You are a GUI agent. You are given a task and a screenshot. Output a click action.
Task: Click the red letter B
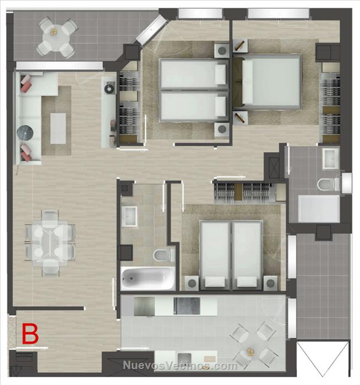pos(30,334)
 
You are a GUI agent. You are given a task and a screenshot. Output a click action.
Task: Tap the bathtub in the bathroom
pos(148,278)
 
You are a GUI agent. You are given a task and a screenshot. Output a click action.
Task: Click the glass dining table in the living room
pos(50,243)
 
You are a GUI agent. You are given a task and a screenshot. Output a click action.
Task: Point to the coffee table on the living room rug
pos(58,128)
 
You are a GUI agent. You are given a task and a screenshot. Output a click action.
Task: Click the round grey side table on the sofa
pos(25,133)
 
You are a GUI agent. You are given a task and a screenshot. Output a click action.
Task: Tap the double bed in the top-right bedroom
pos(268,81)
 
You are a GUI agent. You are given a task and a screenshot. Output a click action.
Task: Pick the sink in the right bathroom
pos(330,159)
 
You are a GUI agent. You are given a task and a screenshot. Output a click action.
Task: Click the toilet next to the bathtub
pos(164,255)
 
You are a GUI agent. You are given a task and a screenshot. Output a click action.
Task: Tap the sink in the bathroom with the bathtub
pos(129,216)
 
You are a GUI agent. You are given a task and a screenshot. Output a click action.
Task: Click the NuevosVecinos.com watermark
pos(180,366)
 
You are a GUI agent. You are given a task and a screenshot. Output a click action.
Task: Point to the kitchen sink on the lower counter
pos(184,359)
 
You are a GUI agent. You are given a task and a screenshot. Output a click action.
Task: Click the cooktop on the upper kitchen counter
pos(187,306)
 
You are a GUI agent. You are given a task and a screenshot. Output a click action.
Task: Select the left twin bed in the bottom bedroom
pos(215,255)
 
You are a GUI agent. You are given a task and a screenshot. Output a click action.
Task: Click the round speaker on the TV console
pos(109,89)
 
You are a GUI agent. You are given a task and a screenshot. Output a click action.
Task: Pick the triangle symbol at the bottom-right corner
pos(323,359)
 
